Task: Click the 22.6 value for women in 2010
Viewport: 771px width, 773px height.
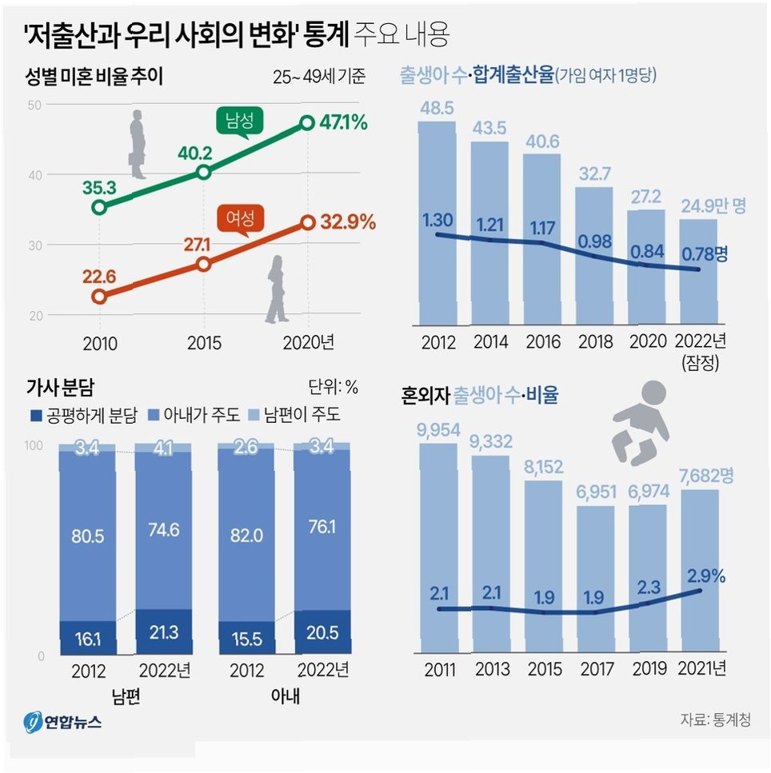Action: click(x=99, y=277)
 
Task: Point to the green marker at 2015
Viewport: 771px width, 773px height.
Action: click(x=204, y=172)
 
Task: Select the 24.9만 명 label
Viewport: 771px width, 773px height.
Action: click(x=713, y=206)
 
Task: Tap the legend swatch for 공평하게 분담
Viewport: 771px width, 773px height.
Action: click(x=34, y=415)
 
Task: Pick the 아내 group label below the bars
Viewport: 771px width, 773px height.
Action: click(x=284, y=697)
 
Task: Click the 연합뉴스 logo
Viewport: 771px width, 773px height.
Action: click(x=63, y=722)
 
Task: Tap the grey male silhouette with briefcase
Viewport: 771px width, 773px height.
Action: click(x=138, y=144)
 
